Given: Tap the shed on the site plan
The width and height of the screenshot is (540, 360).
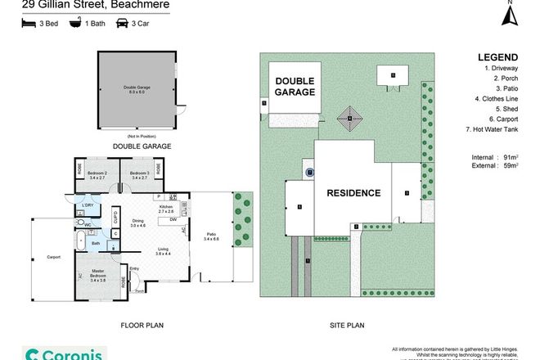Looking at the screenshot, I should (393, 76).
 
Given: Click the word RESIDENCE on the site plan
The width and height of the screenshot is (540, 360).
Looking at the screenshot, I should (353, 193).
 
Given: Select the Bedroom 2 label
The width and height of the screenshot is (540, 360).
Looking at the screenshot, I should (97, 173).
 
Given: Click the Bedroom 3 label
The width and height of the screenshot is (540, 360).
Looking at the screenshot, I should (138, 173).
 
